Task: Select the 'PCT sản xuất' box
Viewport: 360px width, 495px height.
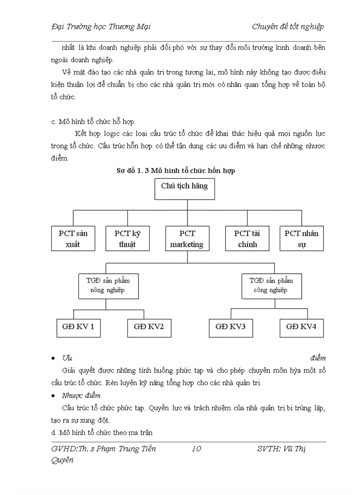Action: (x=73, y=238)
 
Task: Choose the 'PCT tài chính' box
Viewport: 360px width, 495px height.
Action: (x=247, y=238)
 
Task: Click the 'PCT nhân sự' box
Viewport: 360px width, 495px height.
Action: (x=302, y=238)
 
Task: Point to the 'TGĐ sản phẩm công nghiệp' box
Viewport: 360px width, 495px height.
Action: (x=271, y=286)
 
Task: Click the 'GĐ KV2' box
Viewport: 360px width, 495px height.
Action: (x=149, y=327)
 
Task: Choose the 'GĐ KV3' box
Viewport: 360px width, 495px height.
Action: (x=230, y=327)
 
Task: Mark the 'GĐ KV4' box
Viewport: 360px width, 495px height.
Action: (x=301, y=327)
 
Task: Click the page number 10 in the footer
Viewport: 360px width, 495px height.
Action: (x=196, y=449)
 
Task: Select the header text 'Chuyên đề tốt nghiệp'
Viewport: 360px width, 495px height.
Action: (x=288, y=26)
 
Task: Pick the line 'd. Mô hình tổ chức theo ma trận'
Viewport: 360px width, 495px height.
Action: (x=102, y=432)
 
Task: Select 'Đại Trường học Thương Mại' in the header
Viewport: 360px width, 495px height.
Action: (x=101, y=26)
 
